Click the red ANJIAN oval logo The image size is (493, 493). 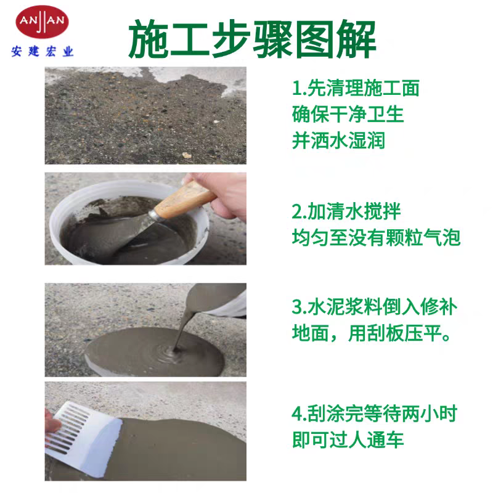coord(42,22)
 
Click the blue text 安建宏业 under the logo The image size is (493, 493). coord(43,51)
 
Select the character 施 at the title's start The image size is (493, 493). coord(149,39)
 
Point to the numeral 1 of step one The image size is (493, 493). coord(296,88)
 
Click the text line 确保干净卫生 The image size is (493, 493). coord(348,114)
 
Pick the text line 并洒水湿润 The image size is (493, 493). coord(338,141)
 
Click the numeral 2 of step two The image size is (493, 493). coord(297,211)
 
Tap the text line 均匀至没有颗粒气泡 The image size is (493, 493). coord(377,237)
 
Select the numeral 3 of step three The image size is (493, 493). coord(297,307)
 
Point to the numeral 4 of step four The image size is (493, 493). coord(298,414)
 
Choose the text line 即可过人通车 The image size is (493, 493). coord(348,440)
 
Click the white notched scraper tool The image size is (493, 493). coord(83,438)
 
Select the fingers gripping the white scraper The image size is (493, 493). coord(52,422)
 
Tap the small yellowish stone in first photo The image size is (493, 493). coord(187,155)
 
